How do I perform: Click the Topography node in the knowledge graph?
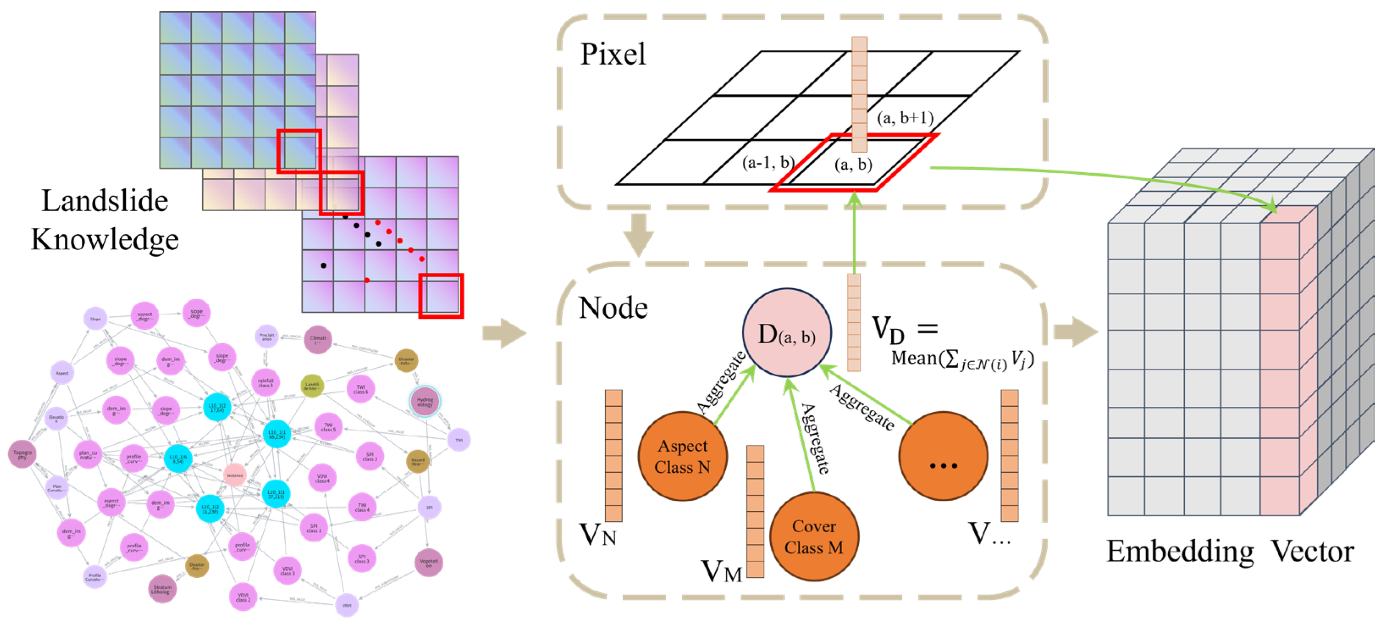22,454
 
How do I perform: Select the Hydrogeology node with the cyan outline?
425,401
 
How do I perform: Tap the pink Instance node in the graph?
235,475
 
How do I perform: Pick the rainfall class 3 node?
265,383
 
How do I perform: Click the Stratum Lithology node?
162,589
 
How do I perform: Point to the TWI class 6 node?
360,389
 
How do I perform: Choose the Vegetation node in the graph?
429,563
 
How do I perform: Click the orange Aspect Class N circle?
682,456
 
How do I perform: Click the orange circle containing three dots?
943,456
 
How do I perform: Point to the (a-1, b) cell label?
767,162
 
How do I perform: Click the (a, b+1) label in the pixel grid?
905,118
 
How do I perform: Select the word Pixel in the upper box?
613,55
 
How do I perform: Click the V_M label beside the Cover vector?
721,571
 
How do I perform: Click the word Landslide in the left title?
105,201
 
